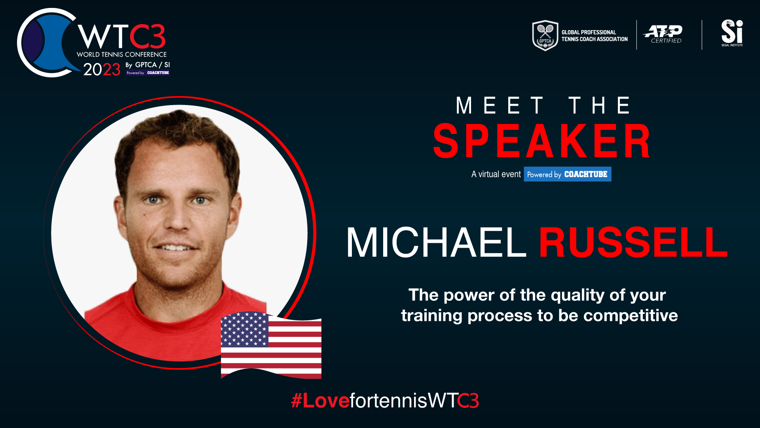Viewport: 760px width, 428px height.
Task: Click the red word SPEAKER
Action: [x=541, y=141]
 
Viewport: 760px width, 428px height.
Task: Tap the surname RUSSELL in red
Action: [x=633, y=242]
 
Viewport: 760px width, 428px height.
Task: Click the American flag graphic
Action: [x=271, y=345]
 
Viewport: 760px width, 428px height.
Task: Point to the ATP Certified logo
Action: [x=663, y=34]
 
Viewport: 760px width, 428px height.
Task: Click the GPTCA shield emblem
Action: [x=545, y=35]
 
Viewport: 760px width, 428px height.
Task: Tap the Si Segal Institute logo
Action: [x=732, y=33]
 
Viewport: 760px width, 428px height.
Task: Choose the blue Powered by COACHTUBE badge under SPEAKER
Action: [x=567, y=174]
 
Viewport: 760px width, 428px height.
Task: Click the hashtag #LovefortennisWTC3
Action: [x=385, y=401]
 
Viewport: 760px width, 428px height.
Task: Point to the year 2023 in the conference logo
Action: [x=102, y=69]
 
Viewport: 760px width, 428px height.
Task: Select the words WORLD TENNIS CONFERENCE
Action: [x=122, y=54]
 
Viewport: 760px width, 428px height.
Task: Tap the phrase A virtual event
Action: [x=496, y=174]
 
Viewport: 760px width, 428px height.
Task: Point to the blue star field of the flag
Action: [x=244, y=329]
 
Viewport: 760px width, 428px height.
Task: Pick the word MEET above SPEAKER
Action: [x=500, y=105]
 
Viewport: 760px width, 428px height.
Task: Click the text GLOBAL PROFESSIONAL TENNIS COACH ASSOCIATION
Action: [x=595, y=36]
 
